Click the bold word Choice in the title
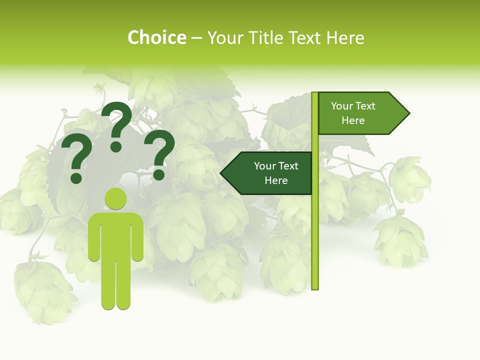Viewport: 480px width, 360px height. [x=156, y=37]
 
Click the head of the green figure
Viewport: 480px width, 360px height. [x=115, y=199]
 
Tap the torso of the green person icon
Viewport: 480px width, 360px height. [x=115, y=235]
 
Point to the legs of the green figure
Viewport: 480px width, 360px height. [x=115, y=285]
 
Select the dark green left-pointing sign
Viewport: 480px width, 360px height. [x=267, y=173]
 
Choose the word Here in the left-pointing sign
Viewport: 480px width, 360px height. [x=276, y=180]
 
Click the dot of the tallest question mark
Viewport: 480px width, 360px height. [x=116, y=146]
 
